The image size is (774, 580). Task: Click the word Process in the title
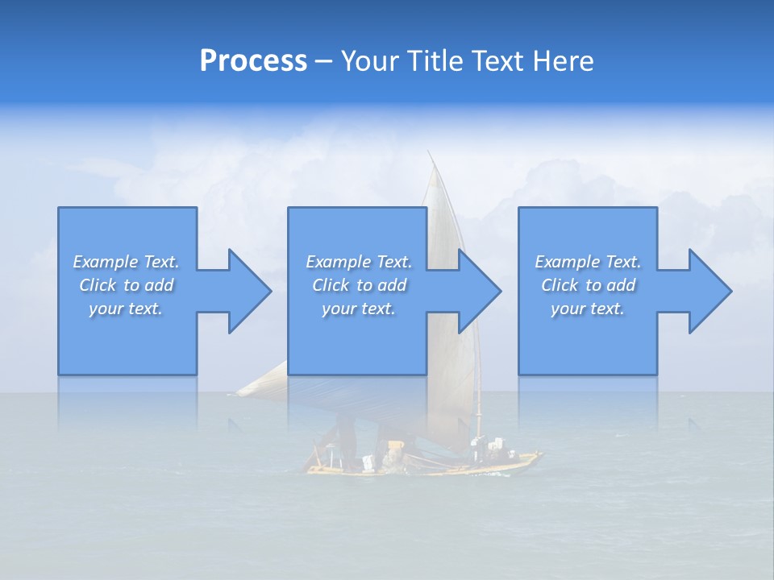[253, 61]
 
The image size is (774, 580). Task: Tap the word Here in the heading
[564, 61]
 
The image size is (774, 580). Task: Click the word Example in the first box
[105, 262]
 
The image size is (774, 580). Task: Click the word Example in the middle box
[338, 262]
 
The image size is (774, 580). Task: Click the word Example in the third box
[567, 262]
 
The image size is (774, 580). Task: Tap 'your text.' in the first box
[126, 309]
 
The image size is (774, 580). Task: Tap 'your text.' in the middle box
[358, 309]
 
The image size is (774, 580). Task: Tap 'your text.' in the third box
[588, 309]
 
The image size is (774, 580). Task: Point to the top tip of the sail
[430, 153]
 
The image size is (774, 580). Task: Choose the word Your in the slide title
[370, 61]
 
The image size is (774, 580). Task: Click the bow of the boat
[536, 458]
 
